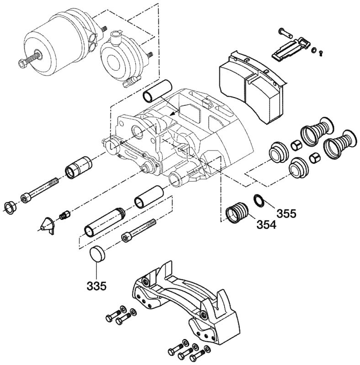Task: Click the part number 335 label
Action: pyautogui.click(x=96, y=287)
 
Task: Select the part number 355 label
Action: pyautogui.click(x=286, y=213)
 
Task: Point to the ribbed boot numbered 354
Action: pyautogui.click(x=238, y=213)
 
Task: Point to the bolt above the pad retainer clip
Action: pyautogui.click(x=284, y=32)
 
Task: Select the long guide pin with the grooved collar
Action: pyautogui.click(x=105, y=221)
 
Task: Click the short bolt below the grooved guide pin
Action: pyautogui.click(x=139, y=232)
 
